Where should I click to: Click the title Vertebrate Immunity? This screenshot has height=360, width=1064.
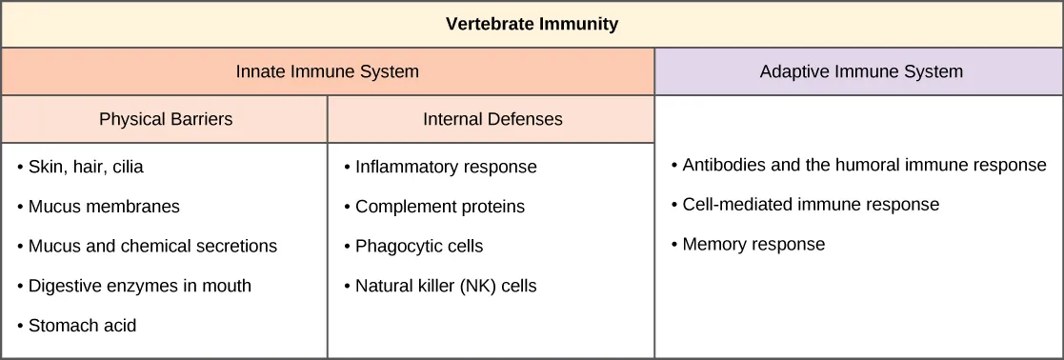pyautogui.click(x=532, y=25)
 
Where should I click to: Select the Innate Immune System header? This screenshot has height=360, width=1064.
pyautogui.click(x=327, y=71)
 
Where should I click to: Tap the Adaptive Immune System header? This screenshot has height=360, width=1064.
pyautogui.click(x=860, y=71)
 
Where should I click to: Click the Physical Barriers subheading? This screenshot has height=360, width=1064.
pyautogui.click(x=165, y=120)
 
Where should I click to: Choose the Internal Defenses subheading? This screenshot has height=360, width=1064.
pyautogui.click(x=492, y=120)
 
